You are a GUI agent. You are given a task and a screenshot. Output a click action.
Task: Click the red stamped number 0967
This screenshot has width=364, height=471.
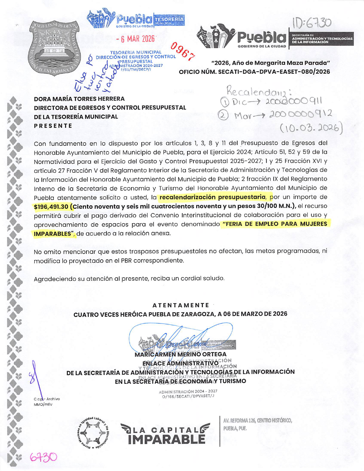(183, 52)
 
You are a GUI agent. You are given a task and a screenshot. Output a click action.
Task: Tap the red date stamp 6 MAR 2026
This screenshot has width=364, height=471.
(135, 39)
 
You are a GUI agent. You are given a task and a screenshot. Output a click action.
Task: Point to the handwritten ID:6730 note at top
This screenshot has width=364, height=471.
(312, 23)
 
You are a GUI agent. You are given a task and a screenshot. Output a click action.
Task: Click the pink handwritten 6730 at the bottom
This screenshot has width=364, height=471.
(43, 457)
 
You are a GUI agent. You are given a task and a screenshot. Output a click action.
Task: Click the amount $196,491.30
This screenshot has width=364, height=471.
(51, 207)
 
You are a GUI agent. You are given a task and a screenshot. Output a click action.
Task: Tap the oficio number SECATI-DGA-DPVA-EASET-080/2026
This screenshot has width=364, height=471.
(274, 72)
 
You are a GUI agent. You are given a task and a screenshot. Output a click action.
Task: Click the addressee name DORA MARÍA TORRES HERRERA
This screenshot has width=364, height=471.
(79, 99)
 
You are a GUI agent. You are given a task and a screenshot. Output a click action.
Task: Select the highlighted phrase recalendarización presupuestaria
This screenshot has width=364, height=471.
(212, 197)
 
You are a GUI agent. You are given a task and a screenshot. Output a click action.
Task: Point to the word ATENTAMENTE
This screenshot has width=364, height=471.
(181, 305)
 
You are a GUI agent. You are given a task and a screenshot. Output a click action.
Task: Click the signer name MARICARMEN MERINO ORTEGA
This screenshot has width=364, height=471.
(180, 354)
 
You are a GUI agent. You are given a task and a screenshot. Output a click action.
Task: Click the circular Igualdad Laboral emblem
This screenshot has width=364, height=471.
(93, 431)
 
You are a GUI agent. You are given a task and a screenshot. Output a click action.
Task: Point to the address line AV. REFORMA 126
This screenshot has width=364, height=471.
(257, 420)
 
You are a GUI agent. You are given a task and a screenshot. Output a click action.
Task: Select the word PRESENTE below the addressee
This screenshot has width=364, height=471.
(53, 126)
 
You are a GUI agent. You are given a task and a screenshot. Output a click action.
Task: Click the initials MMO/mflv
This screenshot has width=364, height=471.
(43, 404)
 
